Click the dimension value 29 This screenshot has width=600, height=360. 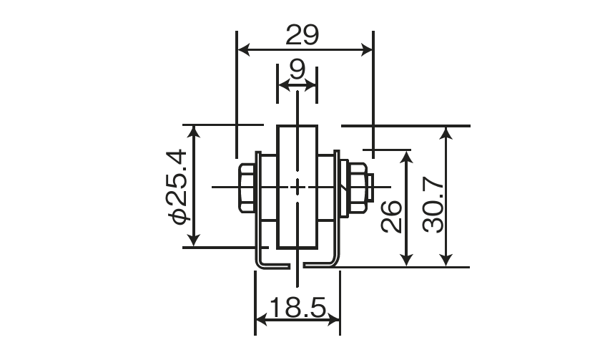(302, 35)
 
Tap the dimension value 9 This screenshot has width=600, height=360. (297, 69)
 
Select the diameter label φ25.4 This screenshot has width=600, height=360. (177, 187)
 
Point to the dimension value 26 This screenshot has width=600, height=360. (391, 216)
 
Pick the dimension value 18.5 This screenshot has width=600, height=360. (297, 307)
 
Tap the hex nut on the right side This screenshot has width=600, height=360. (358, 188)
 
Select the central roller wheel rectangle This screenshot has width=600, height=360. (297, 187)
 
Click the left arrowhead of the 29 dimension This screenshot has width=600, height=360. (243, 50)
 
